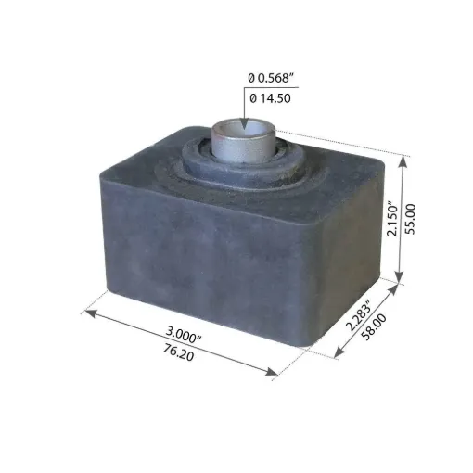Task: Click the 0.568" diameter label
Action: (275, 78)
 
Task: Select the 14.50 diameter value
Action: (275, 98)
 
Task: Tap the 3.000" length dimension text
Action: (183, 335)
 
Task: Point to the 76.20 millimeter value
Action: (179, 352)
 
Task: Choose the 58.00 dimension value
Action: (374, 326)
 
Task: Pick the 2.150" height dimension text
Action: (392, 219)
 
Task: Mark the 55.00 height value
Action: (411, 219)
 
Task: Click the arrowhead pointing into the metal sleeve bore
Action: (245, 123)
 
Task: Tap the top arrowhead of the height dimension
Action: (403, 161)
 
